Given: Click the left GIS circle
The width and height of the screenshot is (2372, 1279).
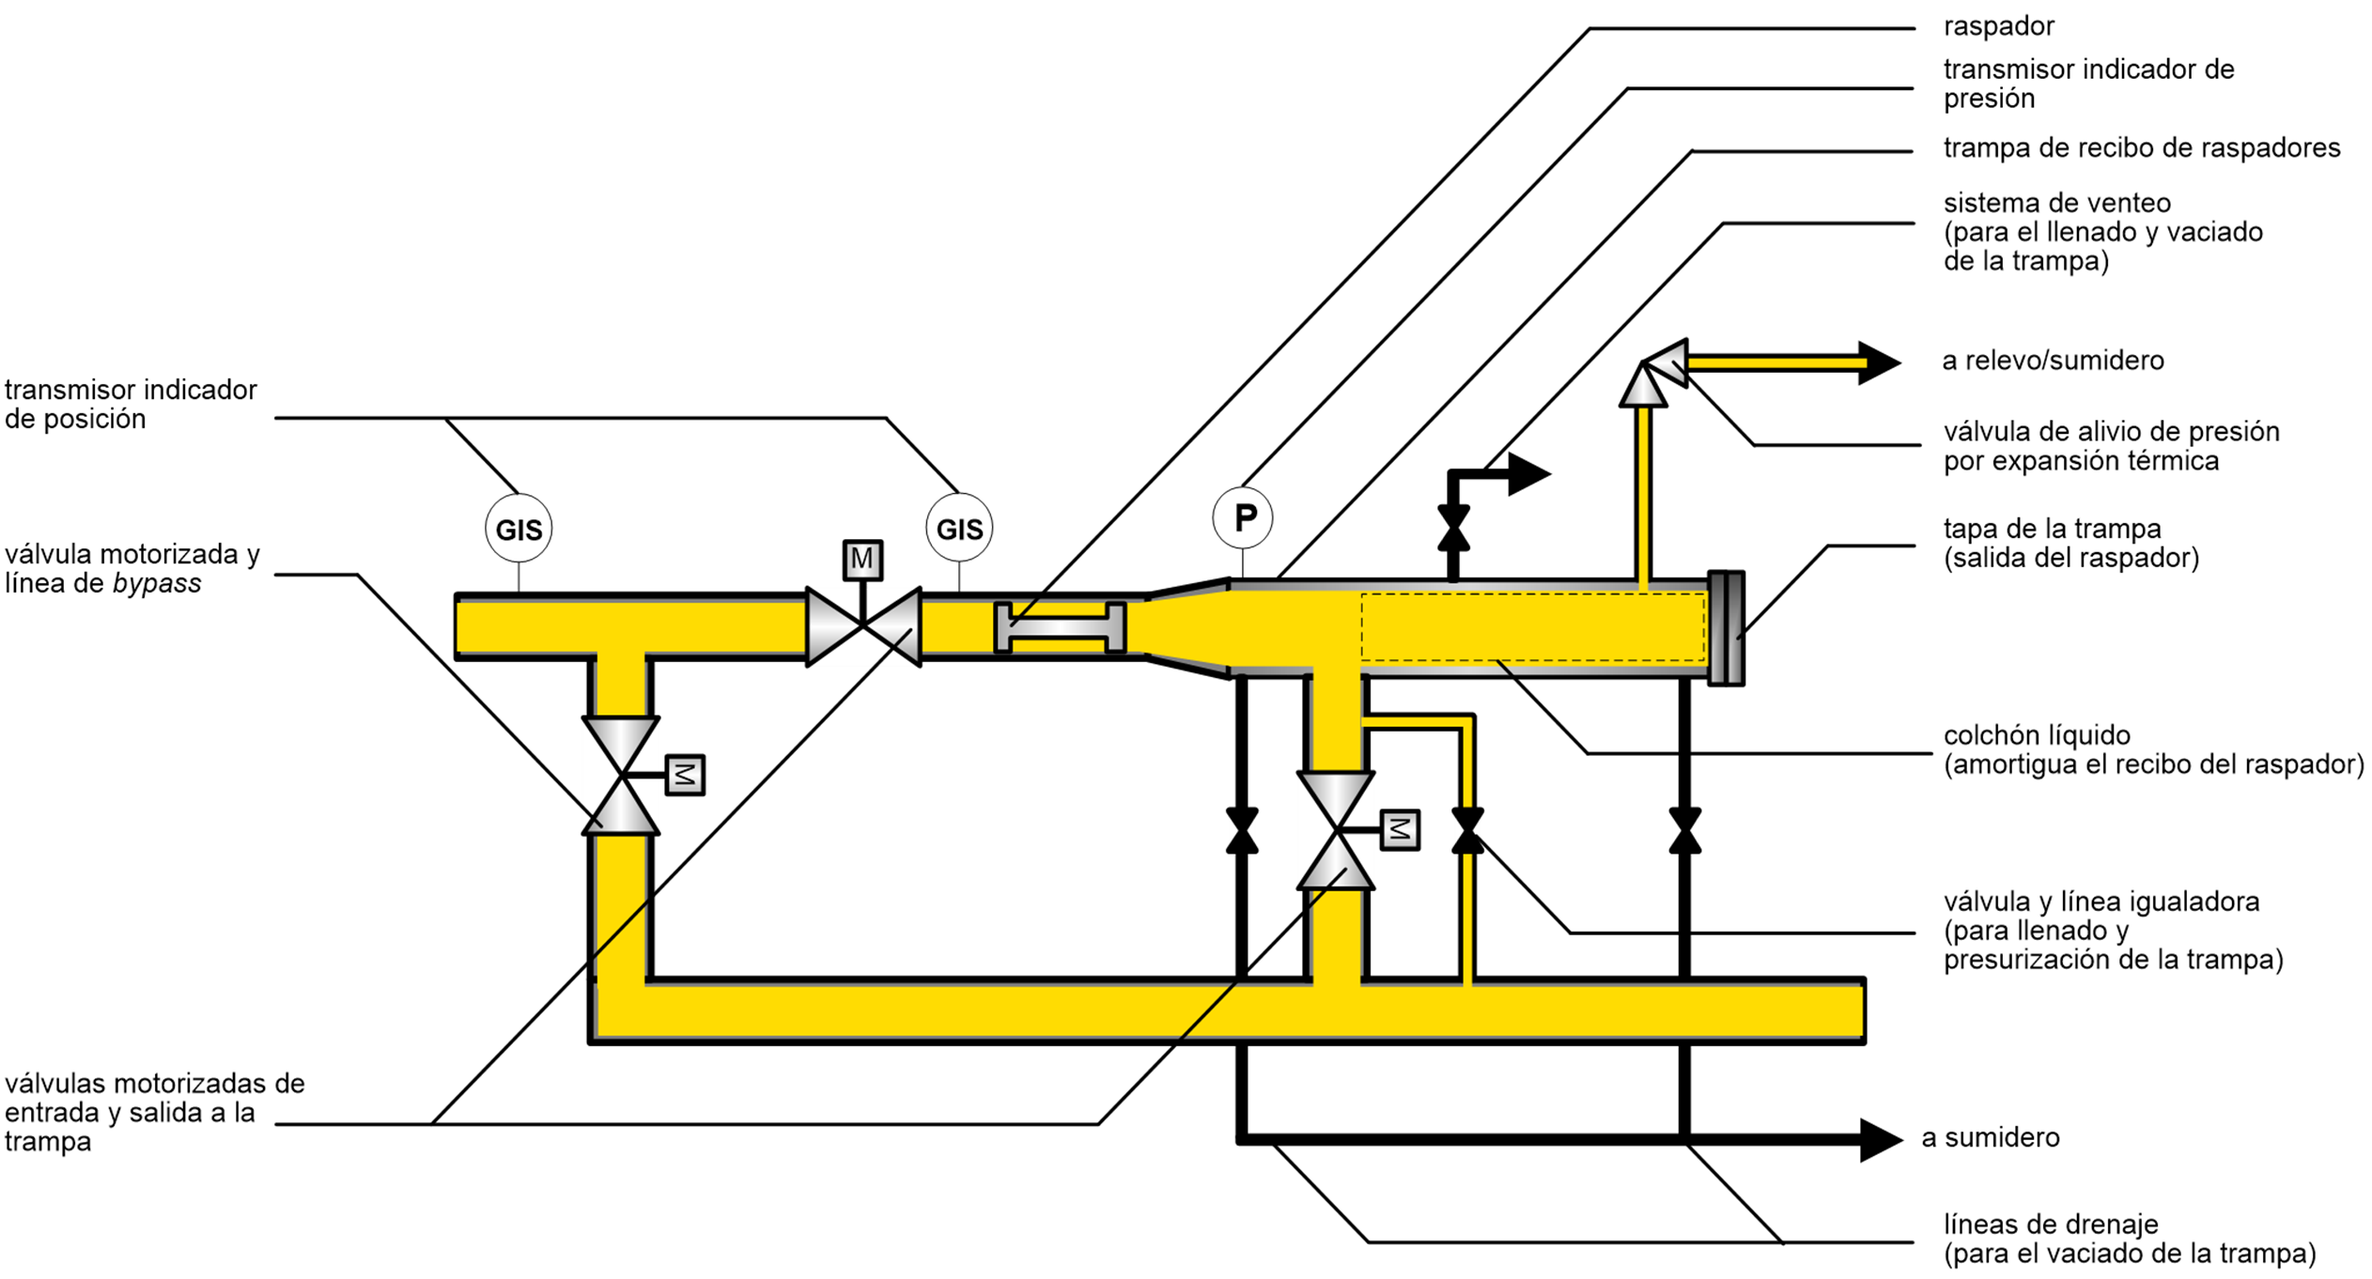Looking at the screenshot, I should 519,528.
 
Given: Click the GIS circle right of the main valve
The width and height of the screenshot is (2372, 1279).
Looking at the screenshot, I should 959,528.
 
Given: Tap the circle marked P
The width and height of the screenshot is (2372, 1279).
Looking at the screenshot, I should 1243,517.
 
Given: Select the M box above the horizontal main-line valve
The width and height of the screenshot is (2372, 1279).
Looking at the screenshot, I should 862,559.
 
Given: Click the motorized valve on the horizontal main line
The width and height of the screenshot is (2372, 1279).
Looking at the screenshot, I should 863,626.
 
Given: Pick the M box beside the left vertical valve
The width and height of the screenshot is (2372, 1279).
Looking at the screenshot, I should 685,775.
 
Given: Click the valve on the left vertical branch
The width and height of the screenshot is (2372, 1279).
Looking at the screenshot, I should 621,776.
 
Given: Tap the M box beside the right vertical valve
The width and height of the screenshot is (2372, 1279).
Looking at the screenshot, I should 1400,829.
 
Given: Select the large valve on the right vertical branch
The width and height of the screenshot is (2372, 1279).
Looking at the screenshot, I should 1336,830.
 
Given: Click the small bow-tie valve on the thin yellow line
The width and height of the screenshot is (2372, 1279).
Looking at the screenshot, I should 1468,830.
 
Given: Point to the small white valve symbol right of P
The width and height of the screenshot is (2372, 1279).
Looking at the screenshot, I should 1453,528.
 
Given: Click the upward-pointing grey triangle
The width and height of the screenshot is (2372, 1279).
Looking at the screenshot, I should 1643,387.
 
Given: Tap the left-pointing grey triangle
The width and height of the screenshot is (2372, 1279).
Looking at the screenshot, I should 1668,362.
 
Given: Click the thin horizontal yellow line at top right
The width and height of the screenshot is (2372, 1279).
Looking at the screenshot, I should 1775,362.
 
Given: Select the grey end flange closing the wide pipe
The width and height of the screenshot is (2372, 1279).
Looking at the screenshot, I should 1726,628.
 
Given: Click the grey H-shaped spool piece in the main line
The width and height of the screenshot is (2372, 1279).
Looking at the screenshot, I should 1060,626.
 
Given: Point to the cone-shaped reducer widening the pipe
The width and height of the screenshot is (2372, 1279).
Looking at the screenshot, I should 1186,626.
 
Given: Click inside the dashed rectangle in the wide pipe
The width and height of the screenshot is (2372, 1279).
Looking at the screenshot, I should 1533,626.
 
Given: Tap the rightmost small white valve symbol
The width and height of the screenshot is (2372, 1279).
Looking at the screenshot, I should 1685,830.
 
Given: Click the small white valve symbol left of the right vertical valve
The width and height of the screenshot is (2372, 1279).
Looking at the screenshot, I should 1243,830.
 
